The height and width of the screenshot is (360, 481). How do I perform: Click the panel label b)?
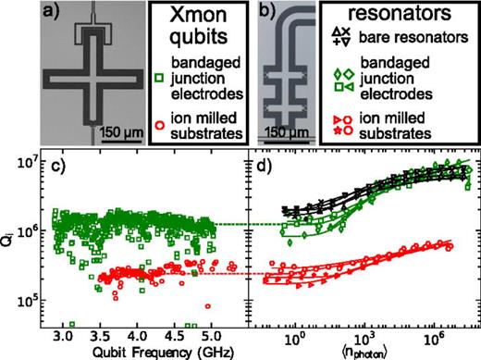(266, 17)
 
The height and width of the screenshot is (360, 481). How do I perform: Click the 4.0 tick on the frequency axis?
(138, 332)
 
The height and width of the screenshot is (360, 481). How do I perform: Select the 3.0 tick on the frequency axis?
(63, 332)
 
